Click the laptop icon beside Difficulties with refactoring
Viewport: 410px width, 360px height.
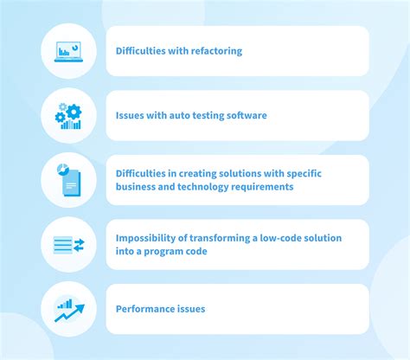tap(69, 50)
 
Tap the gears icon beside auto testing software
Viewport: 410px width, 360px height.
tap(68, 115)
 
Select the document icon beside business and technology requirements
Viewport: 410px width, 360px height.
tap(68, 179)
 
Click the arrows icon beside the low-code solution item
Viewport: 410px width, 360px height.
tap(68, 245)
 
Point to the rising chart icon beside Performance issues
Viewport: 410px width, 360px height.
tap(68, 309)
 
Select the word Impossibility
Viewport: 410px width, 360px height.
tap(146, 238)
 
